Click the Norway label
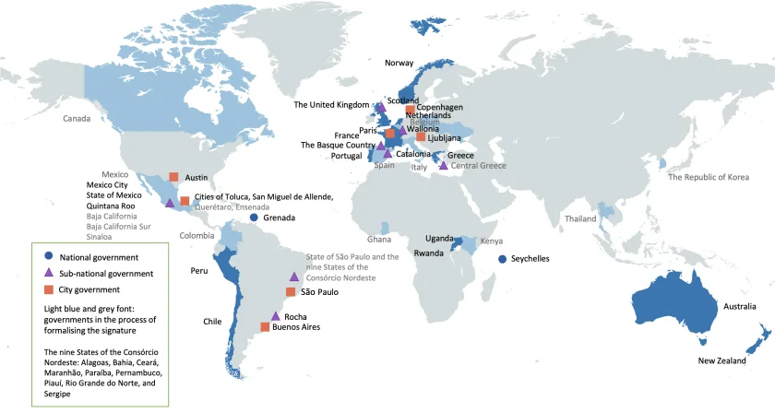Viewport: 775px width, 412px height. tap(403, 63)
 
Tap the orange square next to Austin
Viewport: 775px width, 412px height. tap(173, 177)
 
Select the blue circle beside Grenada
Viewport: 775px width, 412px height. tap(254, 218)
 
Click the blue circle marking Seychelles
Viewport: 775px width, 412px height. tap(503, 259)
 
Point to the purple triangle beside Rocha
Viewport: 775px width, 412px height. tap(276, 316)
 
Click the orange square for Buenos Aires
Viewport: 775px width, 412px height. tap(266, 327)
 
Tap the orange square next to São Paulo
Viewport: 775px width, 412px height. tap(291, 292)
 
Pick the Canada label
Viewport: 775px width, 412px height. tap(77, 119)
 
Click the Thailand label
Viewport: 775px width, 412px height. tap(580, 219)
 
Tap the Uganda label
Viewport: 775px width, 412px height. tap(439, 239)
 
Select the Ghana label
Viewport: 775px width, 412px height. tap(378, 239)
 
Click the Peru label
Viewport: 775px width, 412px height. tap(198, 271)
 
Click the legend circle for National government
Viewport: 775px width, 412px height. tap(47, 256)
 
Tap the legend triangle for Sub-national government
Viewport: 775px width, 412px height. tap(47, 273)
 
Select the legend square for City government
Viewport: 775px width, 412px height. tap(47, 289)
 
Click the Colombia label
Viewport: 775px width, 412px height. tap(197, 235)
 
